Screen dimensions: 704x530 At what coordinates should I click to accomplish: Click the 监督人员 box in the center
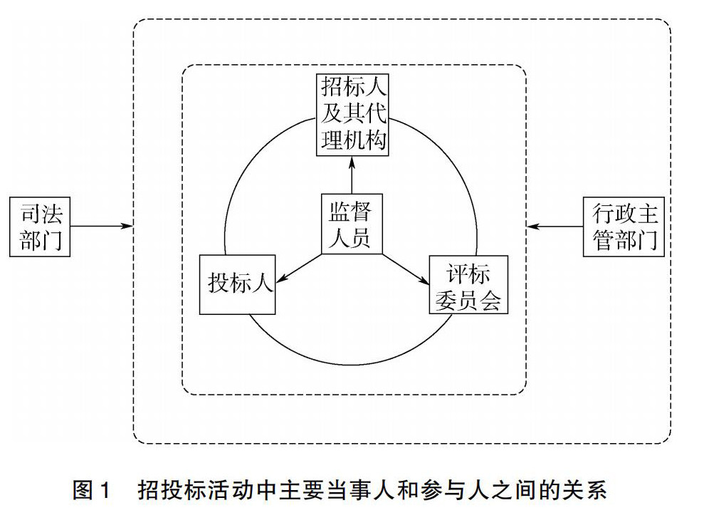(352, 224)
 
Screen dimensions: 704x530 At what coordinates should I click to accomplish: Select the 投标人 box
(237, 285)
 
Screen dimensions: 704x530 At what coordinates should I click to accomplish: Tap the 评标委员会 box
(468, 285)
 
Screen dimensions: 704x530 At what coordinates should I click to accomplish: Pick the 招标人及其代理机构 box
(352, 115)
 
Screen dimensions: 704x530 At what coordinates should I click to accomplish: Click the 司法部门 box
(40, 227)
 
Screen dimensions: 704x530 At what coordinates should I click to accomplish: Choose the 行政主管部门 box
(624, 227)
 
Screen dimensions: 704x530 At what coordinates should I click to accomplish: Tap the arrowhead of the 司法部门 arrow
(127, 226)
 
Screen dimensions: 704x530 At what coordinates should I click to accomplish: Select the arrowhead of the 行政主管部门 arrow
(532, 227)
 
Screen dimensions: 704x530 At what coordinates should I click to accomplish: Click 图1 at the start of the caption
(91, 489)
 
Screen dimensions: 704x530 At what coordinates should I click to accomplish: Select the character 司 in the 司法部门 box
(30, 214)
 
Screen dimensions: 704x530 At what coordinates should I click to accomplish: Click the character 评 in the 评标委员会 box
(458, 273)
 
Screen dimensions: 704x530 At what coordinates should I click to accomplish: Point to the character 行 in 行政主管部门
(603, 214)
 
